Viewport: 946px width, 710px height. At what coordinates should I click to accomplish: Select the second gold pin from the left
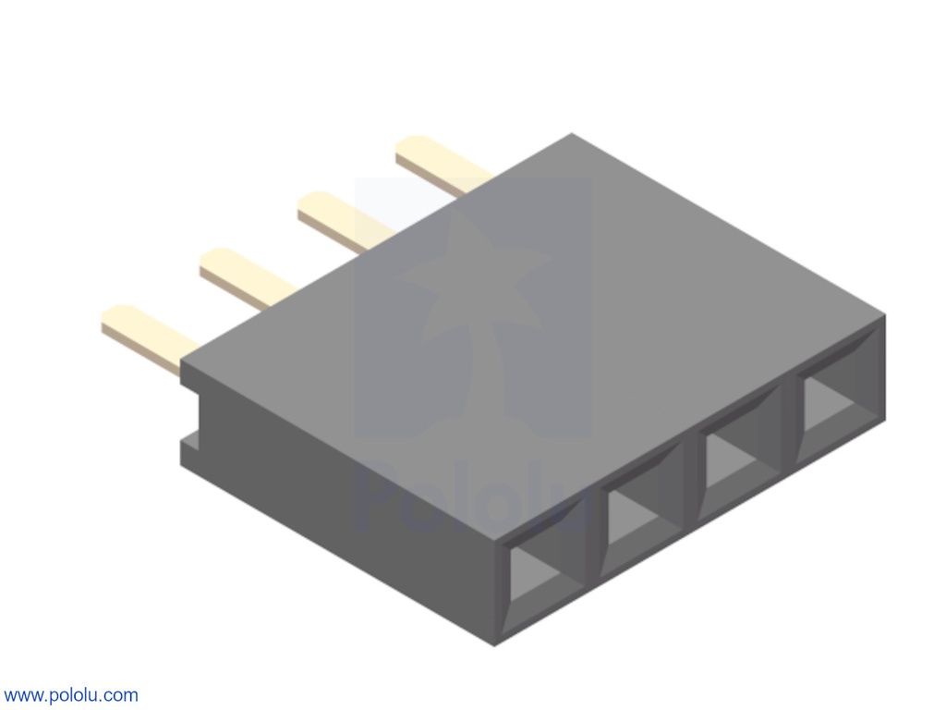pos(246,277)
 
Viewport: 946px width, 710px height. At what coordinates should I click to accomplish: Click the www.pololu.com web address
pos(71,695)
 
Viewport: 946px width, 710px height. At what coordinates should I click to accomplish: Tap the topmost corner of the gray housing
pos(572,134)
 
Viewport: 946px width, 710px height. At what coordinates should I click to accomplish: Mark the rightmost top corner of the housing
pos(884,316)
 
